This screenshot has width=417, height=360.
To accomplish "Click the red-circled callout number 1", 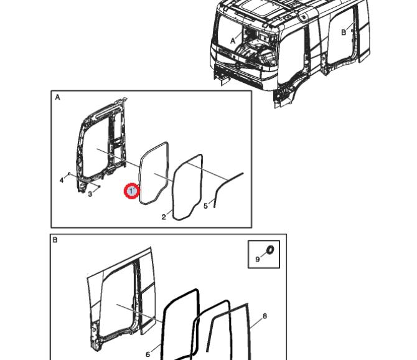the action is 132,191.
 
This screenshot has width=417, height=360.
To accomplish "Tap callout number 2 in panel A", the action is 164,217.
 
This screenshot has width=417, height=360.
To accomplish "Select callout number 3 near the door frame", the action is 90,194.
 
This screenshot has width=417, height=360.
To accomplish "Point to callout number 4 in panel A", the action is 62,181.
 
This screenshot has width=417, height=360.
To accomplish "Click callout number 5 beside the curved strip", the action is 205,206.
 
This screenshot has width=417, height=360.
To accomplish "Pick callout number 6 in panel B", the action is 148,354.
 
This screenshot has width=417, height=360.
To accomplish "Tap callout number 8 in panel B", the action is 265,316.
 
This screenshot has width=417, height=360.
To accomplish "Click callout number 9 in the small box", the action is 258,259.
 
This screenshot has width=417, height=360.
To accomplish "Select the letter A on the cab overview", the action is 233,41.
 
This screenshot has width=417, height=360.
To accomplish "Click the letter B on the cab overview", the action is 344,32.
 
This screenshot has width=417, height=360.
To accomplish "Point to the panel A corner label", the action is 57,98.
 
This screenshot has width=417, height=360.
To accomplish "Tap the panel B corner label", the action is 55,240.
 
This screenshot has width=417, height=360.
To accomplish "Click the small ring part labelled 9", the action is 271,250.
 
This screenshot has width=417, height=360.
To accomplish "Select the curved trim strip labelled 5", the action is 227,186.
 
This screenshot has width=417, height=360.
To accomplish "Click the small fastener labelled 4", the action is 69,174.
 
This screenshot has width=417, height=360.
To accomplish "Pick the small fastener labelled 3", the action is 99,186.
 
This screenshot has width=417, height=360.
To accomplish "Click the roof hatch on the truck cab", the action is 263,8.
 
